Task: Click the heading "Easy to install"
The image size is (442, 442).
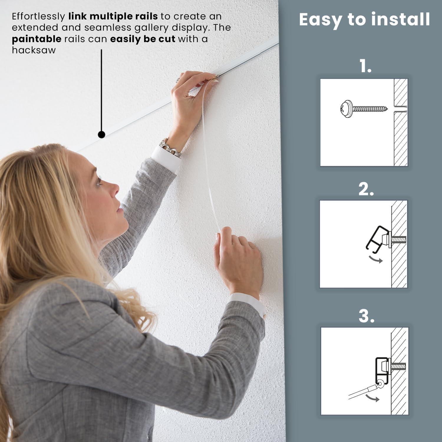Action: click(x=364, y=20)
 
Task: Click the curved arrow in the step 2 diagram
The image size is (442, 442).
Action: click(x=375, y=259)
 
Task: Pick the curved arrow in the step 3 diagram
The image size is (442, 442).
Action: click(x=372, y=398)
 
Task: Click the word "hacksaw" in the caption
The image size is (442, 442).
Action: click(x=34, y=50)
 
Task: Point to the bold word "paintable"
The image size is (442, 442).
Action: click(x=37, y=39)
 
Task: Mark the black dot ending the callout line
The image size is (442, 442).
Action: click(x=101, y=135)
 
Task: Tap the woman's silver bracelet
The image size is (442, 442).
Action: click(x=170, y=148)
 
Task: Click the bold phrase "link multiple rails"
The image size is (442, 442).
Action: click(x=113, y=17)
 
